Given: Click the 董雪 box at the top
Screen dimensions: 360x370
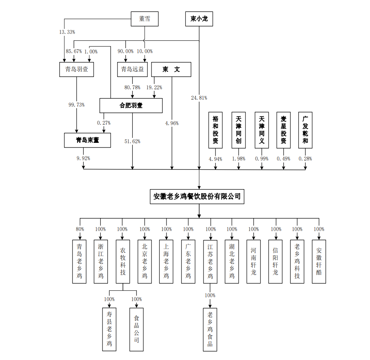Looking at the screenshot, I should (x=144, y=18).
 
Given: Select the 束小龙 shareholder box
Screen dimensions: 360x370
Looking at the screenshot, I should (x=199, y=18).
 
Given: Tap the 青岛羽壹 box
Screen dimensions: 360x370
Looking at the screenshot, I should (x=77, y=69).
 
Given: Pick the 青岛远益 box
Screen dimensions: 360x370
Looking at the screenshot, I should (x=132, y=69).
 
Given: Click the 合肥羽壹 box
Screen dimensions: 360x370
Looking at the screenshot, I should (x=131, y=105).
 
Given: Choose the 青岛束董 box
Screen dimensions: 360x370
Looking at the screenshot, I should (x=87, y=140).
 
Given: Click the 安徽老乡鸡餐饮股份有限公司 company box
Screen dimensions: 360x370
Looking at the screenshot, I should (x=197, y=196).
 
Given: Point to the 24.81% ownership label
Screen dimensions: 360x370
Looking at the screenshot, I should (x=199, y=98).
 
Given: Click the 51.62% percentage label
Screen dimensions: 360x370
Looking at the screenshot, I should (x=132, y=141).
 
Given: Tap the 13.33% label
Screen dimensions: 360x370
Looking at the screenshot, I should (x=67, y=32).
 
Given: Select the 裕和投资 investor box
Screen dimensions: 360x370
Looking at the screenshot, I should (x=215, y=130).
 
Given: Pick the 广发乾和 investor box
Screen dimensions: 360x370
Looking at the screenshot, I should (x=305, y=130).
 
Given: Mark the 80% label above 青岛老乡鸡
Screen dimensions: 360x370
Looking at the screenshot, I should (x=80, y=229).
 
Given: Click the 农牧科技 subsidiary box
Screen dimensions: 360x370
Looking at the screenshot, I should (x=123, y=262).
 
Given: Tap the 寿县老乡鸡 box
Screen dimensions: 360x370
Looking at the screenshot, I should (x=109, y=329).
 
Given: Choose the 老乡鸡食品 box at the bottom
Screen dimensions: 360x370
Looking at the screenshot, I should (x=210, y=330).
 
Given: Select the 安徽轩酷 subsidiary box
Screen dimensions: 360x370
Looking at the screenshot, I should (x=319, y=262).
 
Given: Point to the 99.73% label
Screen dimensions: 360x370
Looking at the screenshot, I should (x=77, y=105).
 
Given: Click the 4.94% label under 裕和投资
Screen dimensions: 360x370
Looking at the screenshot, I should (x=215, y=159).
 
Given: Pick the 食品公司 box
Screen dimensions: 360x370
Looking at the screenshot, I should (x=136, y=329).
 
